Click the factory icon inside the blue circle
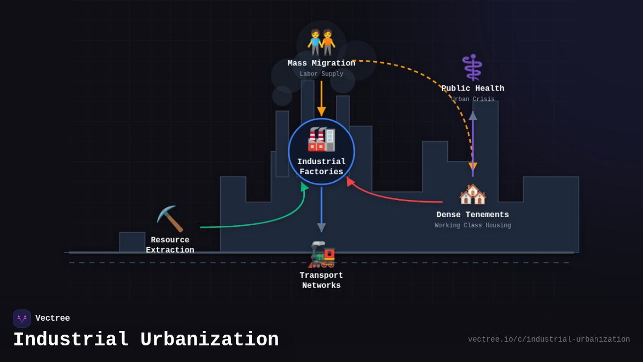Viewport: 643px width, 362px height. pos(321,139)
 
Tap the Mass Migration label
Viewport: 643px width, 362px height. pos(322,63)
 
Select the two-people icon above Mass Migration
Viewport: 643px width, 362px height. pos(322,42)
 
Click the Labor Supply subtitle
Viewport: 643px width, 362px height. pos(322,74)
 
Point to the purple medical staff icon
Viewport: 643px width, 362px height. pos(472,68)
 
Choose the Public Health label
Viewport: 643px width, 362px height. pos(473,88)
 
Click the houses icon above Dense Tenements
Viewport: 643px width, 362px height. pos(473,194)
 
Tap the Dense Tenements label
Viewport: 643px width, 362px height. pos(473,215)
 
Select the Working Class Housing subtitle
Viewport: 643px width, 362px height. pos(473,226)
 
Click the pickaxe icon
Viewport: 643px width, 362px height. pos(170,218)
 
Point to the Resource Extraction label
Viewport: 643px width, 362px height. pos(170,245)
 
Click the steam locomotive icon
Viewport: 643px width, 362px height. pos(322,254)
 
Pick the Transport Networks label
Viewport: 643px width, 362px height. pos(322,280)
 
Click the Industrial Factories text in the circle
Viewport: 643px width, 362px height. pos(322,167)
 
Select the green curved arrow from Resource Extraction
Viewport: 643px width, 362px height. pos(268,220)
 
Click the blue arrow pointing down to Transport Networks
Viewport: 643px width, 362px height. pos(322,209)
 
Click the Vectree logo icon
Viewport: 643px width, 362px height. pos(22,319)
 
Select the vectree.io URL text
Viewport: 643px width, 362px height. pos(549,339)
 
